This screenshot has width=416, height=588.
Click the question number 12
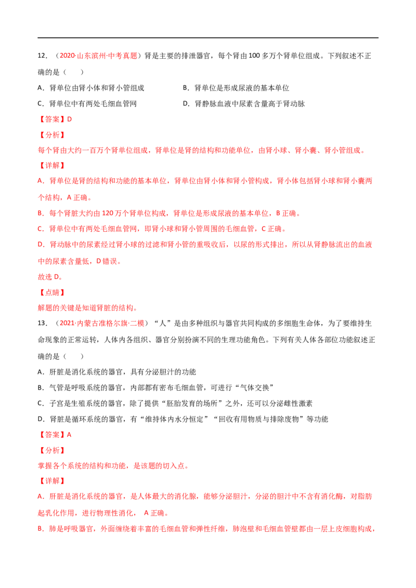click(42, 56)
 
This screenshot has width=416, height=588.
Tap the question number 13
click(42, 323)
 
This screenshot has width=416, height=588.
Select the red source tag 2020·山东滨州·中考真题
click(98, 56)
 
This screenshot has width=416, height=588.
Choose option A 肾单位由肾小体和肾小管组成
click(91, 88)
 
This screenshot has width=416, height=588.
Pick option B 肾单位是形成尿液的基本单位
click(236, 88)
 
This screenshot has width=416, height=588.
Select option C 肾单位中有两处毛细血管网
click(87, 103)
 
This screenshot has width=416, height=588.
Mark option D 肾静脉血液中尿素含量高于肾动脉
click(244, 103)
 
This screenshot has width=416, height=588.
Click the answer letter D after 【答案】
click(70, 119)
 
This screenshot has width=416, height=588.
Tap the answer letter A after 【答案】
click(69, 435)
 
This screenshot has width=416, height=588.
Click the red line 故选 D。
click(50, 277)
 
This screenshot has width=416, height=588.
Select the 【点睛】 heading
click(51, 292)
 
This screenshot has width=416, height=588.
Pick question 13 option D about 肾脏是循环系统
click(183, 419)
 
